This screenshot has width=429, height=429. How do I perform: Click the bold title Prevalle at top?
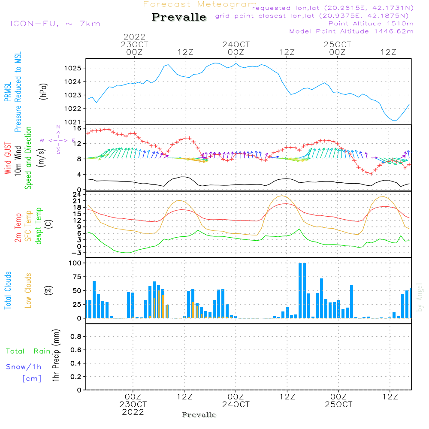[179, 18]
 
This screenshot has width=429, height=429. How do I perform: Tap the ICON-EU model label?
[55, 24]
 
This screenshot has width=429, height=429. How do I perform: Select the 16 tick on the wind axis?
[77, 128]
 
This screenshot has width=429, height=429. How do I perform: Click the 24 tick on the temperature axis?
[77, 194]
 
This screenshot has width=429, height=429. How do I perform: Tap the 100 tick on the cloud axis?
[75, 263]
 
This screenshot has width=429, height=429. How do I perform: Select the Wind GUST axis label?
[8, 158]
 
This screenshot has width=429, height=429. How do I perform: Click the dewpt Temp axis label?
[38, 226]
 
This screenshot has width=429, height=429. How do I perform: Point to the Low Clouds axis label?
[28, 290]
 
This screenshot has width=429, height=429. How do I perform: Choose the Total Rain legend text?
[28, 351]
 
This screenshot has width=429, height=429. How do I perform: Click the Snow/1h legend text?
[24, 367]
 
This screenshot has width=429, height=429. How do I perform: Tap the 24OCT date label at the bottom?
[236, 405]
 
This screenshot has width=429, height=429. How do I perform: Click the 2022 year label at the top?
[135, 36]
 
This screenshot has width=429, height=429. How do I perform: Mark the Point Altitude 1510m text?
[371, 23]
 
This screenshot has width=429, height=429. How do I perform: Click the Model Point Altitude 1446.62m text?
[351, 31]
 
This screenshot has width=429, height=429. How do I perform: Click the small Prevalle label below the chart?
[199, 415]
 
